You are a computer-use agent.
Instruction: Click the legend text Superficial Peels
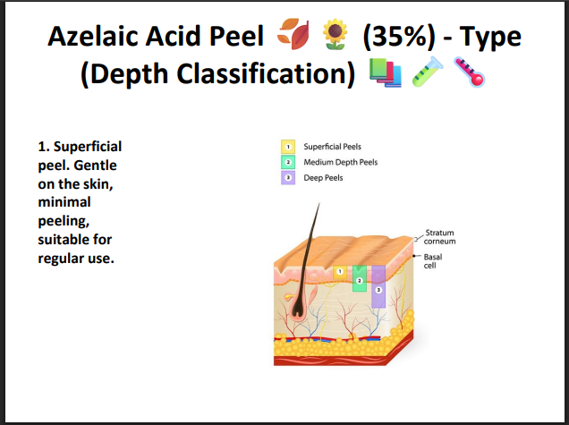click(332, 146)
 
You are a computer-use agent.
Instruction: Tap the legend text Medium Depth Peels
click(340, 162)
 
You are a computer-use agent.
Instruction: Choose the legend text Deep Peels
click(323, 178)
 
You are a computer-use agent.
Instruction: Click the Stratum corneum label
click(439, 237)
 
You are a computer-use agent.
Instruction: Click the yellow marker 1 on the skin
click(339, 270)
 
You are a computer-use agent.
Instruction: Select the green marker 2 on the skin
click(359, 281)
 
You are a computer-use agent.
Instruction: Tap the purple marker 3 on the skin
click(378, 290)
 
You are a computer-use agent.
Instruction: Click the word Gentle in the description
click(100, 166)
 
